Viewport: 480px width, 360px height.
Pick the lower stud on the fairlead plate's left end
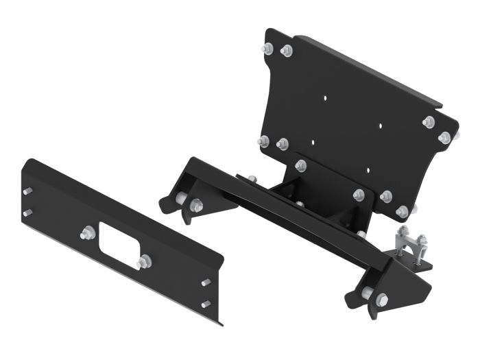27,213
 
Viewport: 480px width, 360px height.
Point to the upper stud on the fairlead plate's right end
206,283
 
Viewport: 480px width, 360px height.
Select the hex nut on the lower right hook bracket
382,299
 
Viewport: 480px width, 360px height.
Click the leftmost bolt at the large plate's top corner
267,48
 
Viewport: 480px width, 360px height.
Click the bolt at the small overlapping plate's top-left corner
300,165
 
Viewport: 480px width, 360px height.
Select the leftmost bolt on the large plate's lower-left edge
263,141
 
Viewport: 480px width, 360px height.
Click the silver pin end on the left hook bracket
182,199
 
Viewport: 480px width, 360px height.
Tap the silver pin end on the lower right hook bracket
368,293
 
